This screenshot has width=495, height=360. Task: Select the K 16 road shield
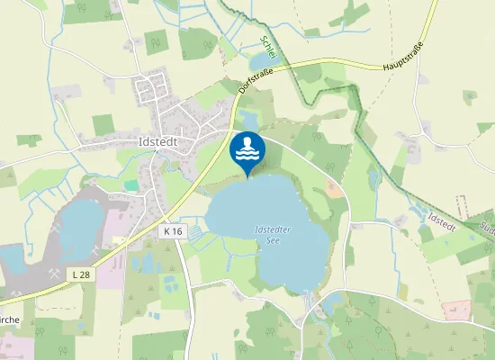(173, 231)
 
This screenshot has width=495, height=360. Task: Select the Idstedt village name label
(160, 141)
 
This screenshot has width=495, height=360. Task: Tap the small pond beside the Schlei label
(261, 61)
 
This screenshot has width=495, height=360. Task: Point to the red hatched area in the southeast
(456, 310)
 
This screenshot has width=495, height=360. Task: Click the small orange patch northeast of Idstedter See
(334, 190)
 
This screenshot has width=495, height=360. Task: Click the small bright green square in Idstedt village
(131, 185)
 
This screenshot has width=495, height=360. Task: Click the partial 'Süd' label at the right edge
(488, 229)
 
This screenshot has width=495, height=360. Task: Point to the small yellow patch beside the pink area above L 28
(117, 241)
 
